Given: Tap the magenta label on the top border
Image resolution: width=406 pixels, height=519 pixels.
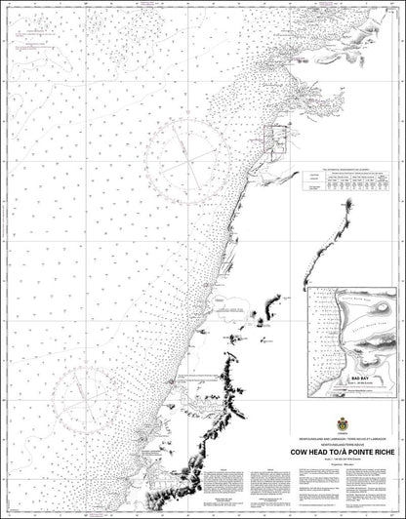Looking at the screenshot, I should pos(149,6).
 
